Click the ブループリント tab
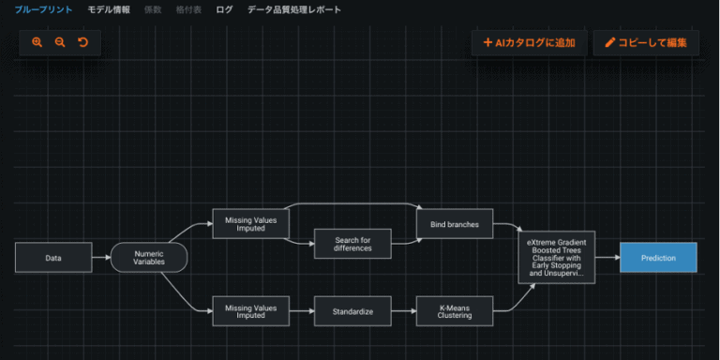(x=43, y=10)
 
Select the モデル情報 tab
(x=109, y=10)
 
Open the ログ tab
(x=224, y=10)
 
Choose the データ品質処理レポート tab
(x=294, y=10)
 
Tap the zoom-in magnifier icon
(x=37, y=42)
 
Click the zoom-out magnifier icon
(x=60, y=42)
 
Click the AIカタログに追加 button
(x=529, y=42)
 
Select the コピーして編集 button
(x=646, y=42)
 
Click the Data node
(x=53, y=258)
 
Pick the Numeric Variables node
(x=149, y=258)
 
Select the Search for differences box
(x=352, y=244)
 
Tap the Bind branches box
(x=455, y=225)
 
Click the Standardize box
(x=352, y=310)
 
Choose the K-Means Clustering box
(x=455, y=310)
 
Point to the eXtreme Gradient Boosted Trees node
(x=556, y=258)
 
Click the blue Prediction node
(x=658, y=258)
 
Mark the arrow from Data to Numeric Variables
(x=101, y=258)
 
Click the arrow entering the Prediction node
(x=607, y=258)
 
